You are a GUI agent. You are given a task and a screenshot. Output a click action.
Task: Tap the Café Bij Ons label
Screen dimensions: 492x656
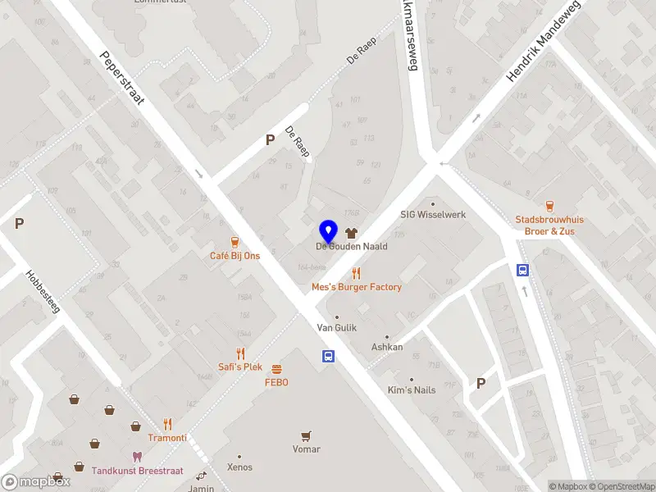tap(235, 256)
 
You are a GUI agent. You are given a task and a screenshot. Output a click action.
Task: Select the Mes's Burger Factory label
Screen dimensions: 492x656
tap(357, 287)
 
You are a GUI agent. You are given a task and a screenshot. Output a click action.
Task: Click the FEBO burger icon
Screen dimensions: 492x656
tap(276, 369)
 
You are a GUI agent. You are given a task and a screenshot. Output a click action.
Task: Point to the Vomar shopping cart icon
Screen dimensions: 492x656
tap(307, 436)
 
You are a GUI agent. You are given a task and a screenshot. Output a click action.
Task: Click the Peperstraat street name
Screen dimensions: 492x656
tap(122, 80)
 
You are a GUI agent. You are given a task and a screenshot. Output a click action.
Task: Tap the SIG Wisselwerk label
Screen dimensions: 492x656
tap(432, 215)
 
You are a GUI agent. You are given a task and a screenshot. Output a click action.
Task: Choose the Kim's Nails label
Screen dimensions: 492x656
tap(412, 389)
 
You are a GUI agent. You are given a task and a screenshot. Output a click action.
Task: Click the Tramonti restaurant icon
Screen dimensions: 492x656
tap(167, 425)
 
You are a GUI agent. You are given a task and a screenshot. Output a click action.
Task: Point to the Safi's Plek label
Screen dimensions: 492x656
tap(240, 367)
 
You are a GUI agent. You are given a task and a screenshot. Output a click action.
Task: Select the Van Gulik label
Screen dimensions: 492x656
tap(336, 327)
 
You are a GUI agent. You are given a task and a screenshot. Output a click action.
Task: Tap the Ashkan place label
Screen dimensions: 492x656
tap(387, 347)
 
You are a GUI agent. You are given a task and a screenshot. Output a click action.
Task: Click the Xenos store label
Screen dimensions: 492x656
tap(240, 466)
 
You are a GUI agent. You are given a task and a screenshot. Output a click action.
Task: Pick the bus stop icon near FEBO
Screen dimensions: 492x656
tap(328, 356)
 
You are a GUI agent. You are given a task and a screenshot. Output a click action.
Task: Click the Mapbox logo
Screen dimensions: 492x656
tap(36, 482)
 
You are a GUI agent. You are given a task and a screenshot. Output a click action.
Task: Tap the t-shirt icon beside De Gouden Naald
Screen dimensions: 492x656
tap(353, 233)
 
